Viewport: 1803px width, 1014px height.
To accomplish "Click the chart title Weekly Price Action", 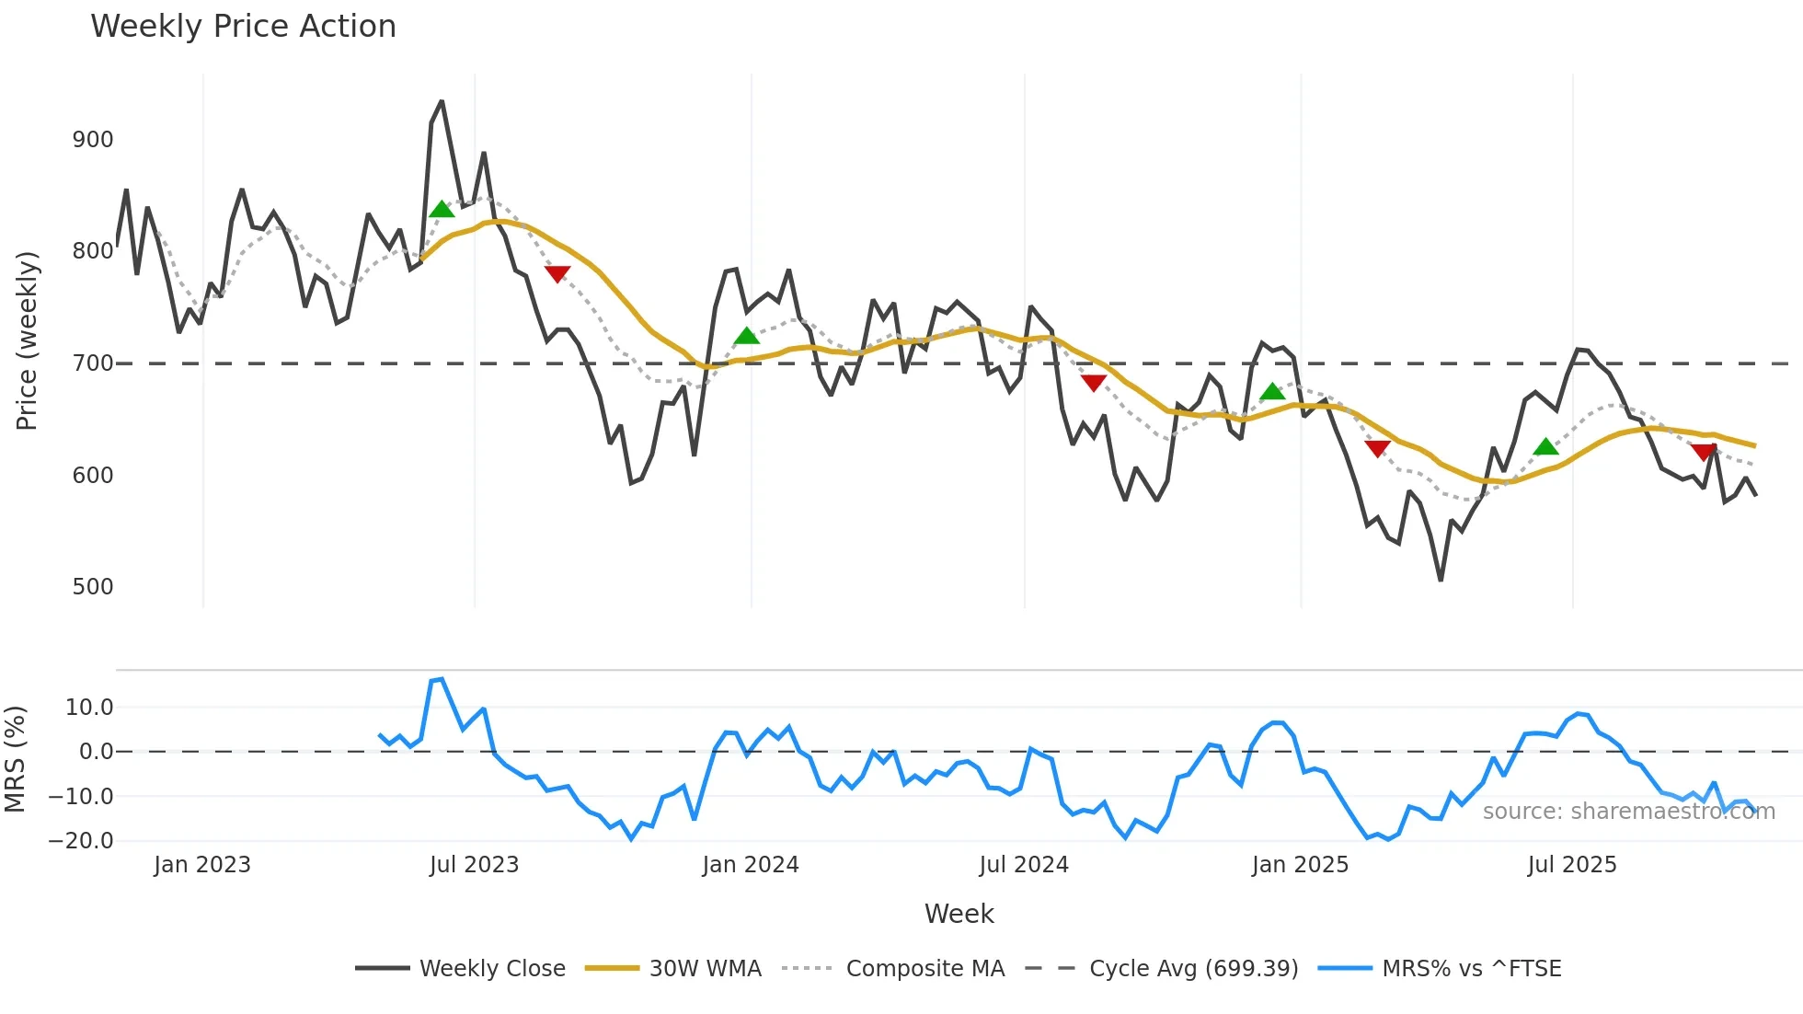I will [x=243, y=27].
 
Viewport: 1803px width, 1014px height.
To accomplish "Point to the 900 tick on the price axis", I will [x=93, y=140].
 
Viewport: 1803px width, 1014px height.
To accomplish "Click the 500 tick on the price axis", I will [x=93, y=587].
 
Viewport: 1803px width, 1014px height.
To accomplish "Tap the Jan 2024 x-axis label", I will [x=751, y=865].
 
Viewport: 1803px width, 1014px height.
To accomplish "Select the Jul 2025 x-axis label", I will [x=1572, y=865].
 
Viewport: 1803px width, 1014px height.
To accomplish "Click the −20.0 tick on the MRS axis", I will [x=82, y=841].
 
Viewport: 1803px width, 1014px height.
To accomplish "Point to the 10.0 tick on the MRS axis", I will [x=89, y=708].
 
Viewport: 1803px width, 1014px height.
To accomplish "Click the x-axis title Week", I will [x=959, y=914].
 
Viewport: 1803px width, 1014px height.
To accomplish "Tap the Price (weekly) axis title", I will [x=27, y=340].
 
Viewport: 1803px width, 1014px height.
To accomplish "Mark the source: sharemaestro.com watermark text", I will [x=1628, y=812].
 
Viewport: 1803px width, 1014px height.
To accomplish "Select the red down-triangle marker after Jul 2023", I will [x=557, y=273].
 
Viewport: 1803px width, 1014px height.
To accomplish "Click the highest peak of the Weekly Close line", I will [x=442, y=101].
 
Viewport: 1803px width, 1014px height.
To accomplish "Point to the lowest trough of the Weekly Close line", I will [x=1441, y=581].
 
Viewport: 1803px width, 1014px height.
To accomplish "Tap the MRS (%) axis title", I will [x=15, y=759].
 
